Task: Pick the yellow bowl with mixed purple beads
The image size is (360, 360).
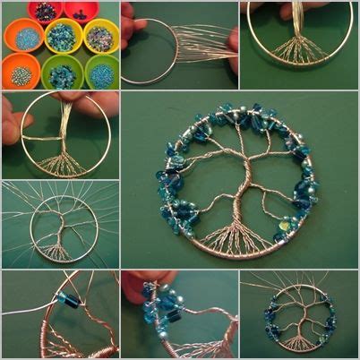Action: coord(99,37)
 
